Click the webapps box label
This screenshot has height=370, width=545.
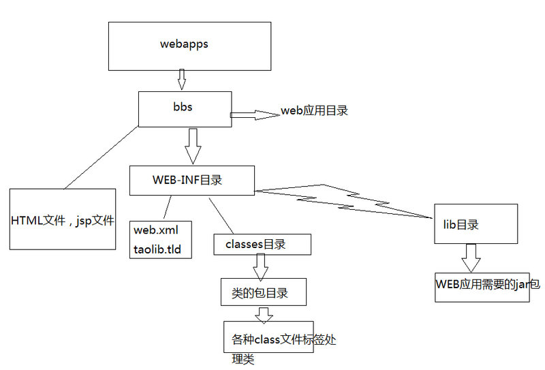point(184,44)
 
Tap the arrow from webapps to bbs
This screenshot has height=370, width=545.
point(181,79)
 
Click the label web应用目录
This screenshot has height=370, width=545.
point(314,110)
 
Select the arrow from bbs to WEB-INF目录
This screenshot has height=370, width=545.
point(193,145)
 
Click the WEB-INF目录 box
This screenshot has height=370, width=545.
point(192,181)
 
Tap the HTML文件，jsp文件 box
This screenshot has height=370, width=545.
point(63,221)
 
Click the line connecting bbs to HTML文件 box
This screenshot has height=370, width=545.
point(102,157)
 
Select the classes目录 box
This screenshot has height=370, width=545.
point(262,245)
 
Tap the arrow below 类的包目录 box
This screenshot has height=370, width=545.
point(264,314)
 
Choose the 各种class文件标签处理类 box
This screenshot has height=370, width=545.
point(269,337)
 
